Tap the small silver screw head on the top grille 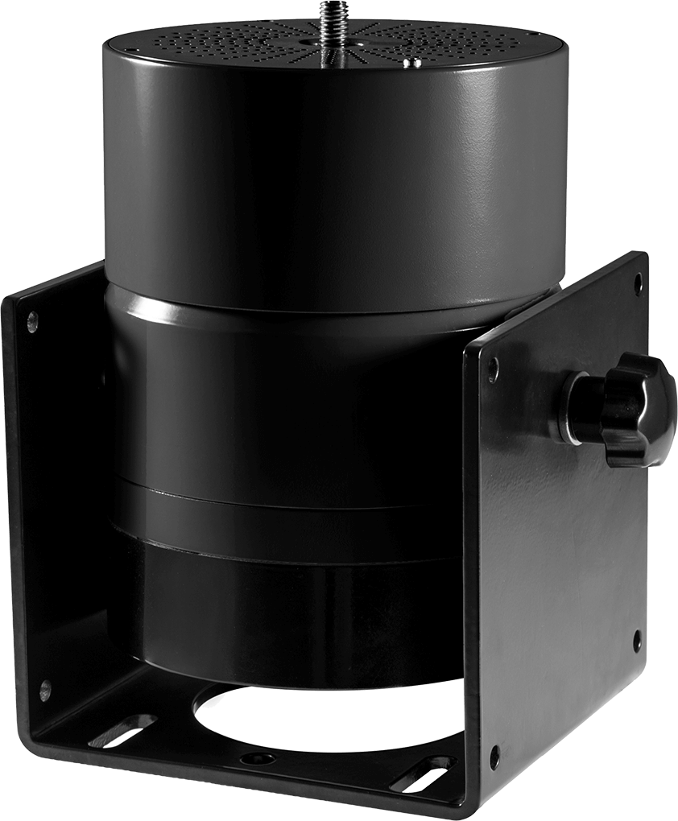tap(414, 62)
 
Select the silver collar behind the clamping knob tap(575, 407)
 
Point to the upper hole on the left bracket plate tap(32, 323)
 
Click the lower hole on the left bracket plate tap(44, 690)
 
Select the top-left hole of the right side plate tap(492, 369)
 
